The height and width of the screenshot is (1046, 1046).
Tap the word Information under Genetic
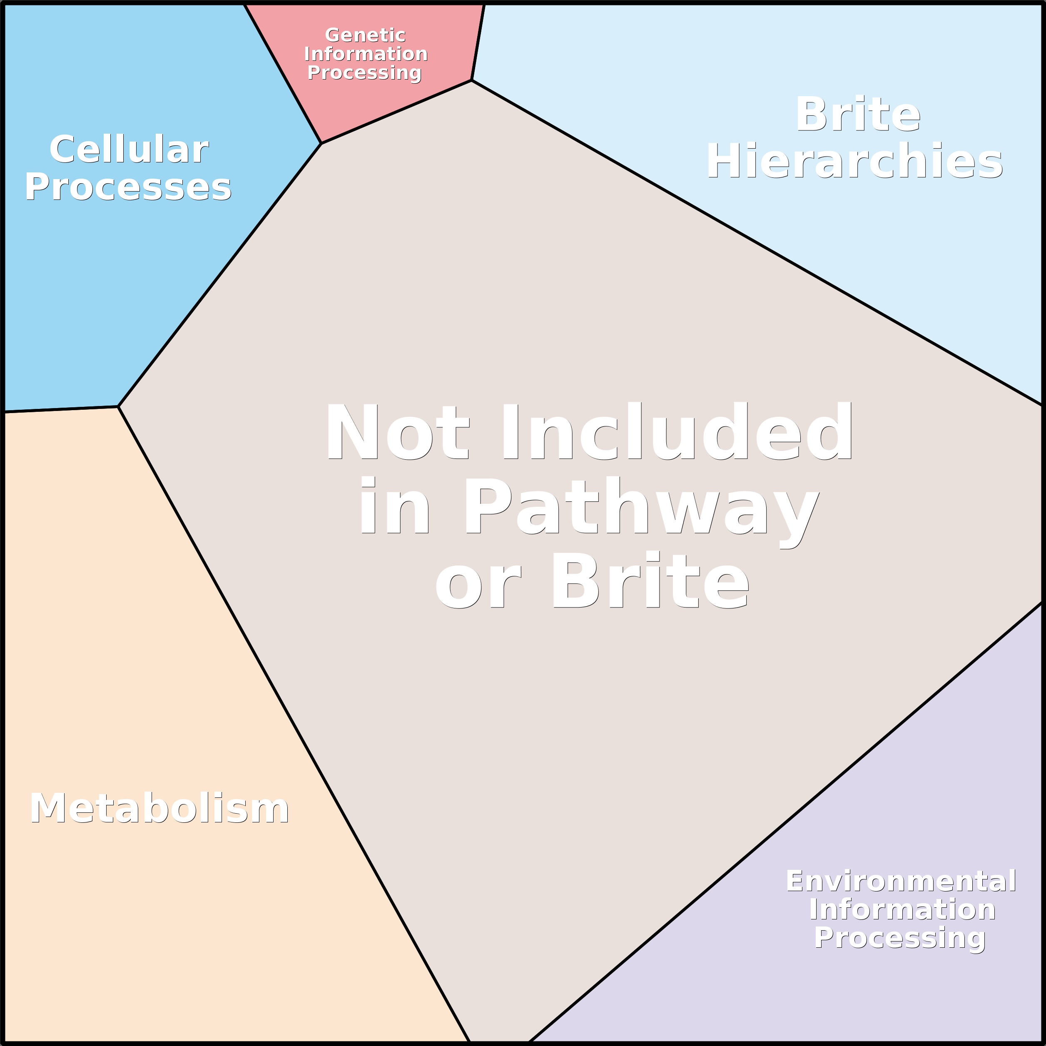coord(366,54)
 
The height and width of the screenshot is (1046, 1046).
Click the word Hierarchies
coord(855,161)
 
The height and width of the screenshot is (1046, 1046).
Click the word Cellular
coord(129,149)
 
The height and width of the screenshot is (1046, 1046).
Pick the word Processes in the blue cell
coord(128,187)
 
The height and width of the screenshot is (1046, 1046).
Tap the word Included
coord(678,431)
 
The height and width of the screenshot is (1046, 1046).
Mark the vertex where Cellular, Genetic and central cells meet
coord(321,144)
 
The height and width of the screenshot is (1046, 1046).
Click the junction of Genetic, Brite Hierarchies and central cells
coord(471,80)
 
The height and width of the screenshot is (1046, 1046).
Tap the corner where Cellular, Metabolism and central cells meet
coord(118,406)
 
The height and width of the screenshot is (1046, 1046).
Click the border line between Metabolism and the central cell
coord(294,724)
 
